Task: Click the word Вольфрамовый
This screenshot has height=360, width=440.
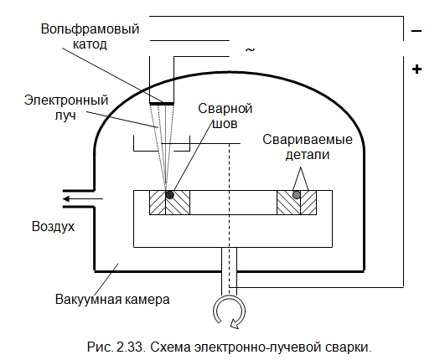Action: pos(90,29)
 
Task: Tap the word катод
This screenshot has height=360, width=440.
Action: pos(90,44)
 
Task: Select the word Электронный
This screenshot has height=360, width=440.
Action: pos(66,100)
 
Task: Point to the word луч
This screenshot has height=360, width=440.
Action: pos(65,116)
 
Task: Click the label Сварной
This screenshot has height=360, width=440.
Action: pos(225,109)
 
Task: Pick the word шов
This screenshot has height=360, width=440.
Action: pos(225,124)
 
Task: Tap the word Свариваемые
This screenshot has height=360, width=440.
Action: pos(308,139)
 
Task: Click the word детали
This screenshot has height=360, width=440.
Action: pos(308,155)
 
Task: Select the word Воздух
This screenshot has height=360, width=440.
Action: pos(53,227)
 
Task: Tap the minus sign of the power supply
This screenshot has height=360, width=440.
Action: pos(417,31)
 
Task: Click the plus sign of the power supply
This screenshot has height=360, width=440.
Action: pos(417,69)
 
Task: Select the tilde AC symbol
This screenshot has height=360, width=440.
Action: pos(250,50)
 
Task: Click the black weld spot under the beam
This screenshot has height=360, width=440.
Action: pos(169,194)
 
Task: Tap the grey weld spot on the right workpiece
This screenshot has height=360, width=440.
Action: pos(297,194)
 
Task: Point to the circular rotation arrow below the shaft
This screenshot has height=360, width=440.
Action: pos(230,311)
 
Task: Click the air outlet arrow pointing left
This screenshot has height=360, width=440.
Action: pos(83,199)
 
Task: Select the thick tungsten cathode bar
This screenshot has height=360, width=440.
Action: pos(162,104)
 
